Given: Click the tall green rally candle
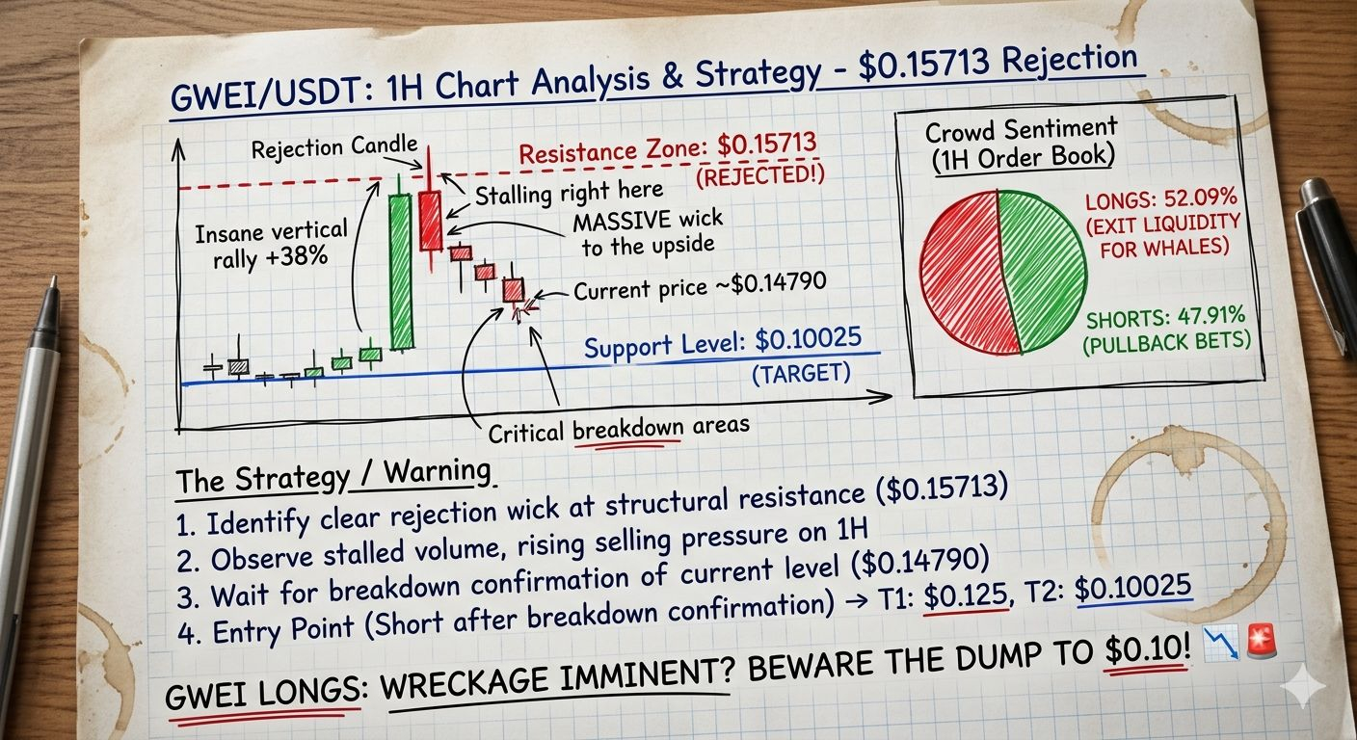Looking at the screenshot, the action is (x=400, y=272).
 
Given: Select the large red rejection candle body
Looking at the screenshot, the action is (x=430, y=221).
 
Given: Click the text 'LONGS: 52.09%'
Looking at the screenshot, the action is (x=1160, y=199).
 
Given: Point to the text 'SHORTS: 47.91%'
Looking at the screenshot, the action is (x=1165, y=317).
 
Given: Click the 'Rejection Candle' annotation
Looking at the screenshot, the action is (x=334, y=147).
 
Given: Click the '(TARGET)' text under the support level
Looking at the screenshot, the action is (x=801, y=373).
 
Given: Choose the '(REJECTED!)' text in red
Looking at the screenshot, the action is (x=759, y=176).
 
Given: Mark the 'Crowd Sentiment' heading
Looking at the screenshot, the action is (x=1021, y=129).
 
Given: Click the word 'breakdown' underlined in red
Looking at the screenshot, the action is (x=627, y=429).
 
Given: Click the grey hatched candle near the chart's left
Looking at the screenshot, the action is (x=239, y=366).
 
